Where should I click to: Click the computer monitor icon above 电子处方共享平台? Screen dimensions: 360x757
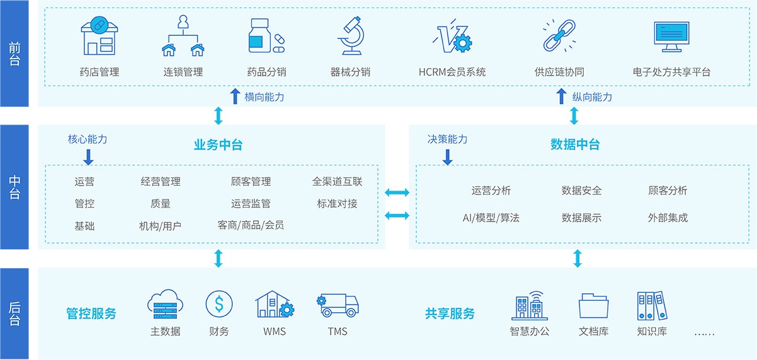pyautogui.click(x=671, y=37)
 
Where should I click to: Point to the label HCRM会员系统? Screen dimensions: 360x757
pyautogui.click(x=452, y=72)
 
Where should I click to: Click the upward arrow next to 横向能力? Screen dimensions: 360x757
pyautogui.click(x=235, y=96)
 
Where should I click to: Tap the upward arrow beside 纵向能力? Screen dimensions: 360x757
pyautogui.click(x=562, y=96)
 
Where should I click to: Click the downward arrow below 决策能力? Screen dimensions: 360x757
pyautogui.click(x=448, y=157)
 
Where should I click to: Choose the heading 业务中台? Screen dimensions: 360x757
pyautogui.click(x=218, y=145)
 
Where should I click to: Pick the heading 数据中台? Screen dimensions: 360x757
pyautogui.click(x=575, y=144)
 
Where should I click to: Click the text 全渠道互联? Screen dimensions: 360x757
pyautogui.click(x=337, y=182)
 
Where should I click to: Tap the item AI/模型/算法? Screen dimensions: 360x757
pyautogui.click(x=491, y=218)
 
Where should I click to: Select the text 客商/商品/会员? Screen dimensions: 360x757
pyautogui.click(x=251, y=225)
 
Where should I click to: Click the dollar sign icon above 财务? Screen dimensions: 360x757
pyautogui.click(x=219, y=305)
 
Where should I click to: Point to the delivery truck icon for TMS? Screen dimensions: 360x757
pyautogui.click(x=338, y=305)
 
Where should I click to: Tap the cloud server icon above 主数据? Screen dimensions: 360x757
pyautogui.click(x=165, y=304)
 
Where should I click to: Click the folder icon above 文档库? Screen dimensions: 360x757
pyautogui.click(x=593, y=306)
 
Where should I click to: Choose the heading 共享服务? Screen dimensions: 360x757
pyautogui.click(x=450, y=313)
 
